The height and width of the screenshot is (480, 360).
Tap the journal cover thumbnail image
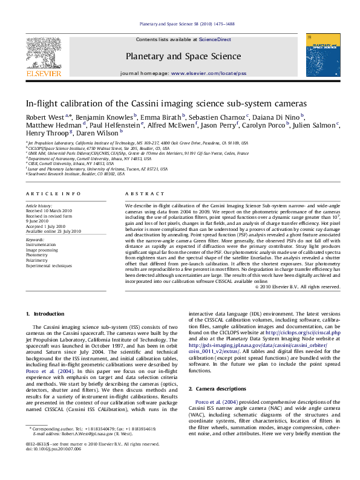(x=322, y=56)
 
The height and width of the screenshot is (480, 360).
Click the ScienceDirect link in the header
(x=215, y=39)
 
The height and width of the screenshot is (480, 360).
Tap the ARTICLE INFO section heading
(x=53, y=193)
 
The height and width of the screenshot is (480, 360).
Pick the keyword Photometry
(x=36, y=255)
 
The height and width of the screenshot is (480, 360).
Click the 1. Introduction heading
(x=45, y=314)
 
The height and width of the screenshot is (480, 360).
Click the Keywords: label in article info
(x=36, y=240)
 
